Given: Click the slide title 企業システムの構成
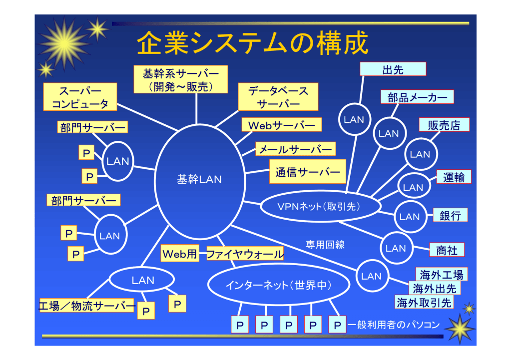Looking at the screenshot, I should pyautogui.click(x=252, y=43).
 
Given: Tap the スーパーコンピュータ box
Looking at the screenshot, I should pyautogui.click(x=80, y=97).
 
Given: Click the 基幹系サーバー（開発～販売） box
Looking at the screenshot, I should pyautogui.click(x=181, y=80).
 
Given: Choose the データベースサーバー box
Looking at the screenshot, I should pyautogui.click(x=278, y=97).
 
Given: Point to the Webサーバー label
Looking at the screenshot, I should pyautogui.click(x=282, y=125).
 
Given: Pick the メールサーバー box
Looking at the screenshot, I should pyautogui.click(x=295, y=149).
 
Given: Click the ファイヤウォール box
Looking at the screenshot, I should pyautogui.click(x=245, y=254).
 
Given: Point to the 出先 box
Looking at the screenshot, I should pyautogui.click(x=393, y=69).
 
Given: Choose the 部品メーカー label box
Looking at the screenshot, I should pyautogui.click(x=417, y=97).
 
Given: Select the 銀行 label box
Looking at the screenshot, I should pyautogui.click(x=450, y=215).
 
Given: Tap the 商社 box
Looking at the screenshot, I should pyautogui.click(x=447, y=250).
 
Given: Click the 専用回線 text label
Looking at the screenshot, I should pyautogui.click(x=325, y=245).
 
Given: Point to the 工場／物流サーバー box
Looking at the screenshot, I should pyautogui.click(x=87, y=306).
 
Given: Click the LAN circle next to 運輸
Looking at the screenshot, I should pyautogui.click(x=413, y=188).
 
